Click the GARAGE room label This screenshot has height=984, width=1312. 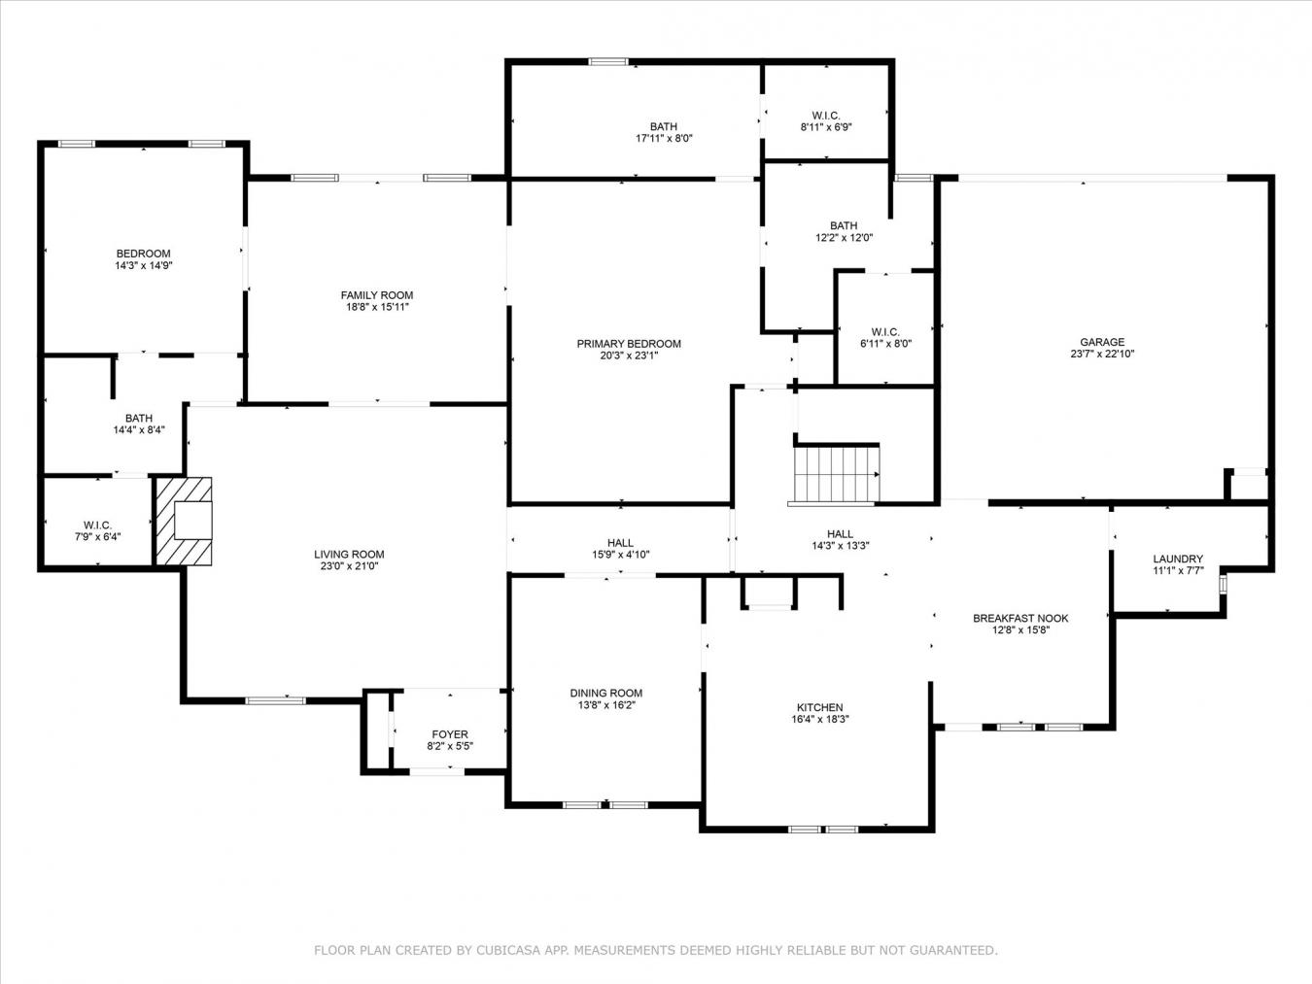click(1102, 342)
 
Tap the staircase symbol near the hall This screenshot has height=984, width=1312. click(836, 474)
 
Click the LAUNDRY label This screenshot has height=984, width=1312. click(1178, 559)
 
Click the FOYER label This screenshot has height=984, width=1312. click(449, 734)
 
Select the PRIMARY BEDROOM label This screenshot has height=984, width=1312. click(629, 344)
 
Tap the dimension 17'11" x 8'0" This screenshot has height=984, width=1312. click(664, 138)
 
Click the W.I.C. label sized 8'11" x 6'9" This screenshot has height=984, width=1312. click(826, 115)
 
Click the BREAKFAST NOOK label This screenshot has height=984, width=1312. click(1020, 618)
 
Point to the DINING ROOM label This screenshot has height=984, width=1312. click(605, 694)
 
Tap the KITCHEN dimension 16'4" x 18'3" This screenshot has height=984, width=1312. click(819, 720)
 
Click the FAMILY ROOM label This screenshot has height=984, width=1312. click(376, 295)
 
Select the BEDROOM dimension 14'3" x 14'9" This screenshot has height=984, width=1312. click(143, 265)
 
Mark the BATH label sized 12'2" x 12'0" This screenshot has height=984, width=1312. click(844, 225)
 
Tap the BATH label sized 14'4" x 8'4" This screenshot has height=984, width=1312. click(138, 419)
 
